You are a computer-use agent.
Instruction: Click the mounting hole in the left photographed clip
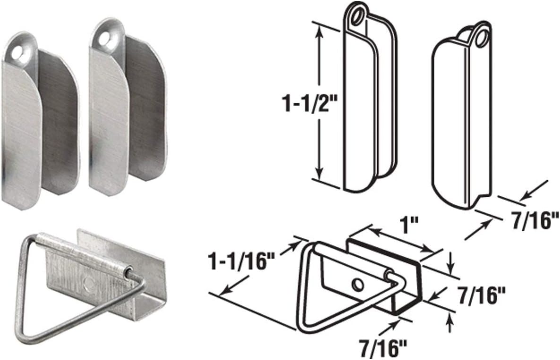pos(17,53)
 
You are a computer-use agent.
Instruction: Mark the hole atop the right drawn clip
pos(482,36)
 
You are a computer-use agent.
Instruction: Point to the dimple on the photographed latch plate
pos(88,284)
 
